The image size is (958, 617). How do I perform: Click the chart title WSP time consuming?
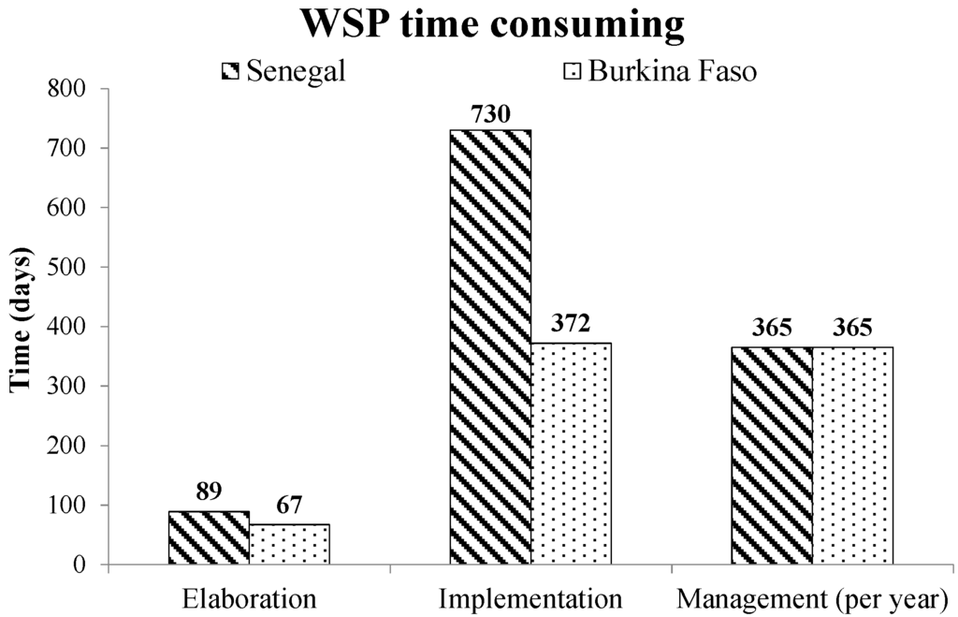point(491,25)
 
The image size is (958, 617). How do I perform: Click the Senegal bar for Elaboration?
point(209,537)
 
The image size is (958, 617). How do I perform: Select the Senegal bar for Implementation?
point(489,346)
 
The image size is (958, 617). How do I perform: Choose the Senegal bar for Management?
point(771,455)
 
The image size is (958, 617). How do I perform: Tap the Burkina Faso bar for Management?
point(851,455)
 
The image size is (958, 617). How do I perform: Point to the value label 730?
point(489,115)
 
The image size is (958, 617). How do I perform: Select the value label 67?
point(289,507)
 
